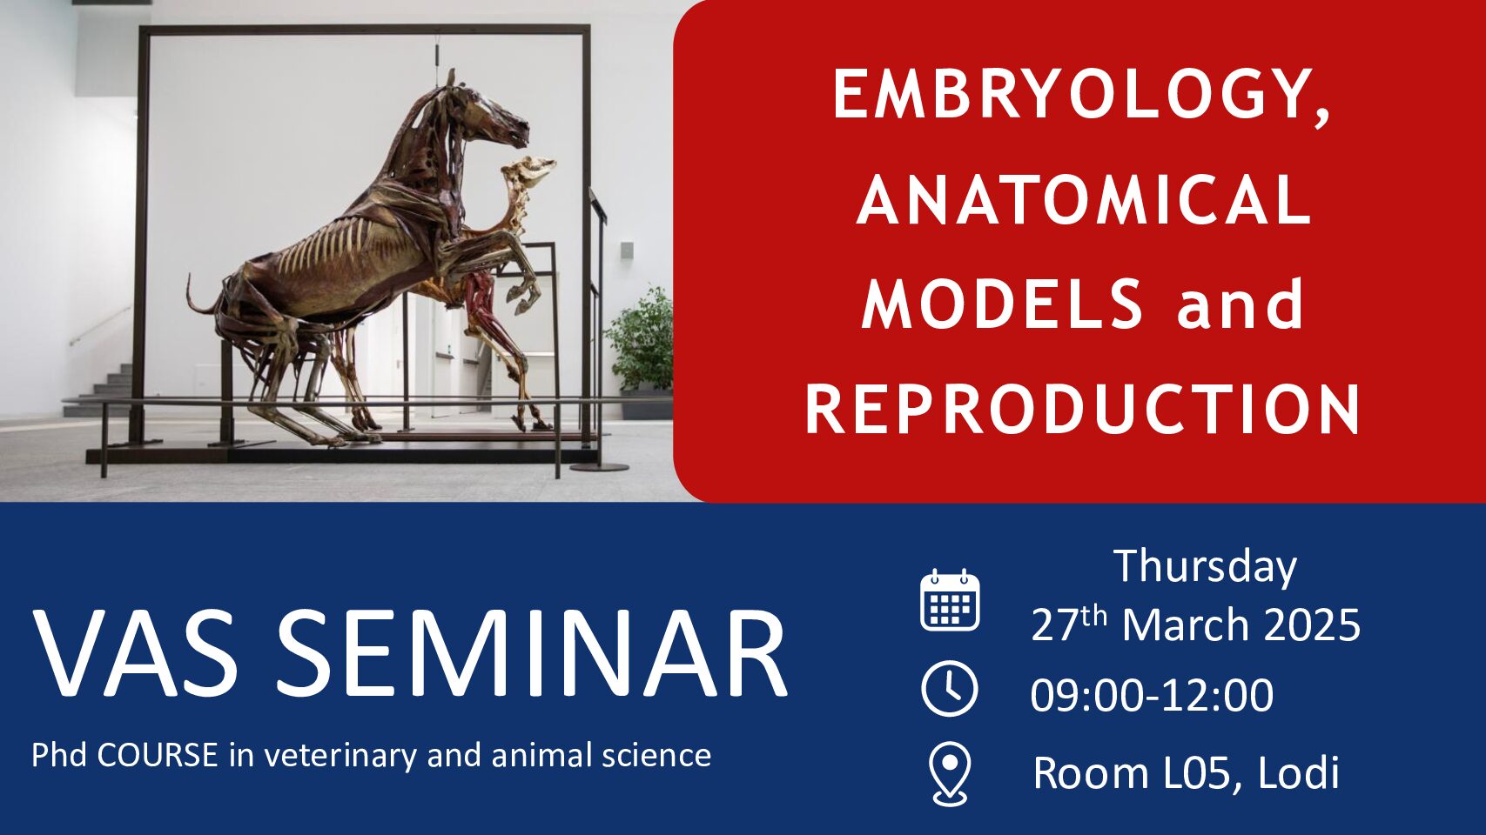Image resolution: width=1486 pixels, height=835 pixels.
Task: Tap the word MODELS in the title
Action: point(1002,304)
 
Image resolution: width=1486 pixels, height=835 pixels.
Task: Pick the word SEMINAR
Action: point(531,652)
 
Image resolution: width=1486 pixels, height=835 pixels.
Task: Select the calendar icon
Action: point(950,600)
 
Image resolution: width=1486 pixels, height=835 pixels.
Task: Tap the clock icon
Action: point(950,689)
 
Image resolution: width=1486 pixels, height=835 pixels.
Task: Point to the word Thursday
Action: point(1205,567)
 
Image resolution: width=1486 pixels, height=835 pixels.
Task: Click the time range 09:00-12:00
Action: point(1152,695)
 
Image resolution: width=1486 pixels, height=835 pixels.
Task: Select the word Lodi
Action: point(1298,772)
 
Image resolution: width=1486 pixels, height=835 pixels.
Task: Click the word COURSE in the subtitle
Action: point(158,755)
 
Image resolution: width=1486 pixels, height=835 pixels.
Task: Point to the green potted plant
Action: point(641,341)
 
